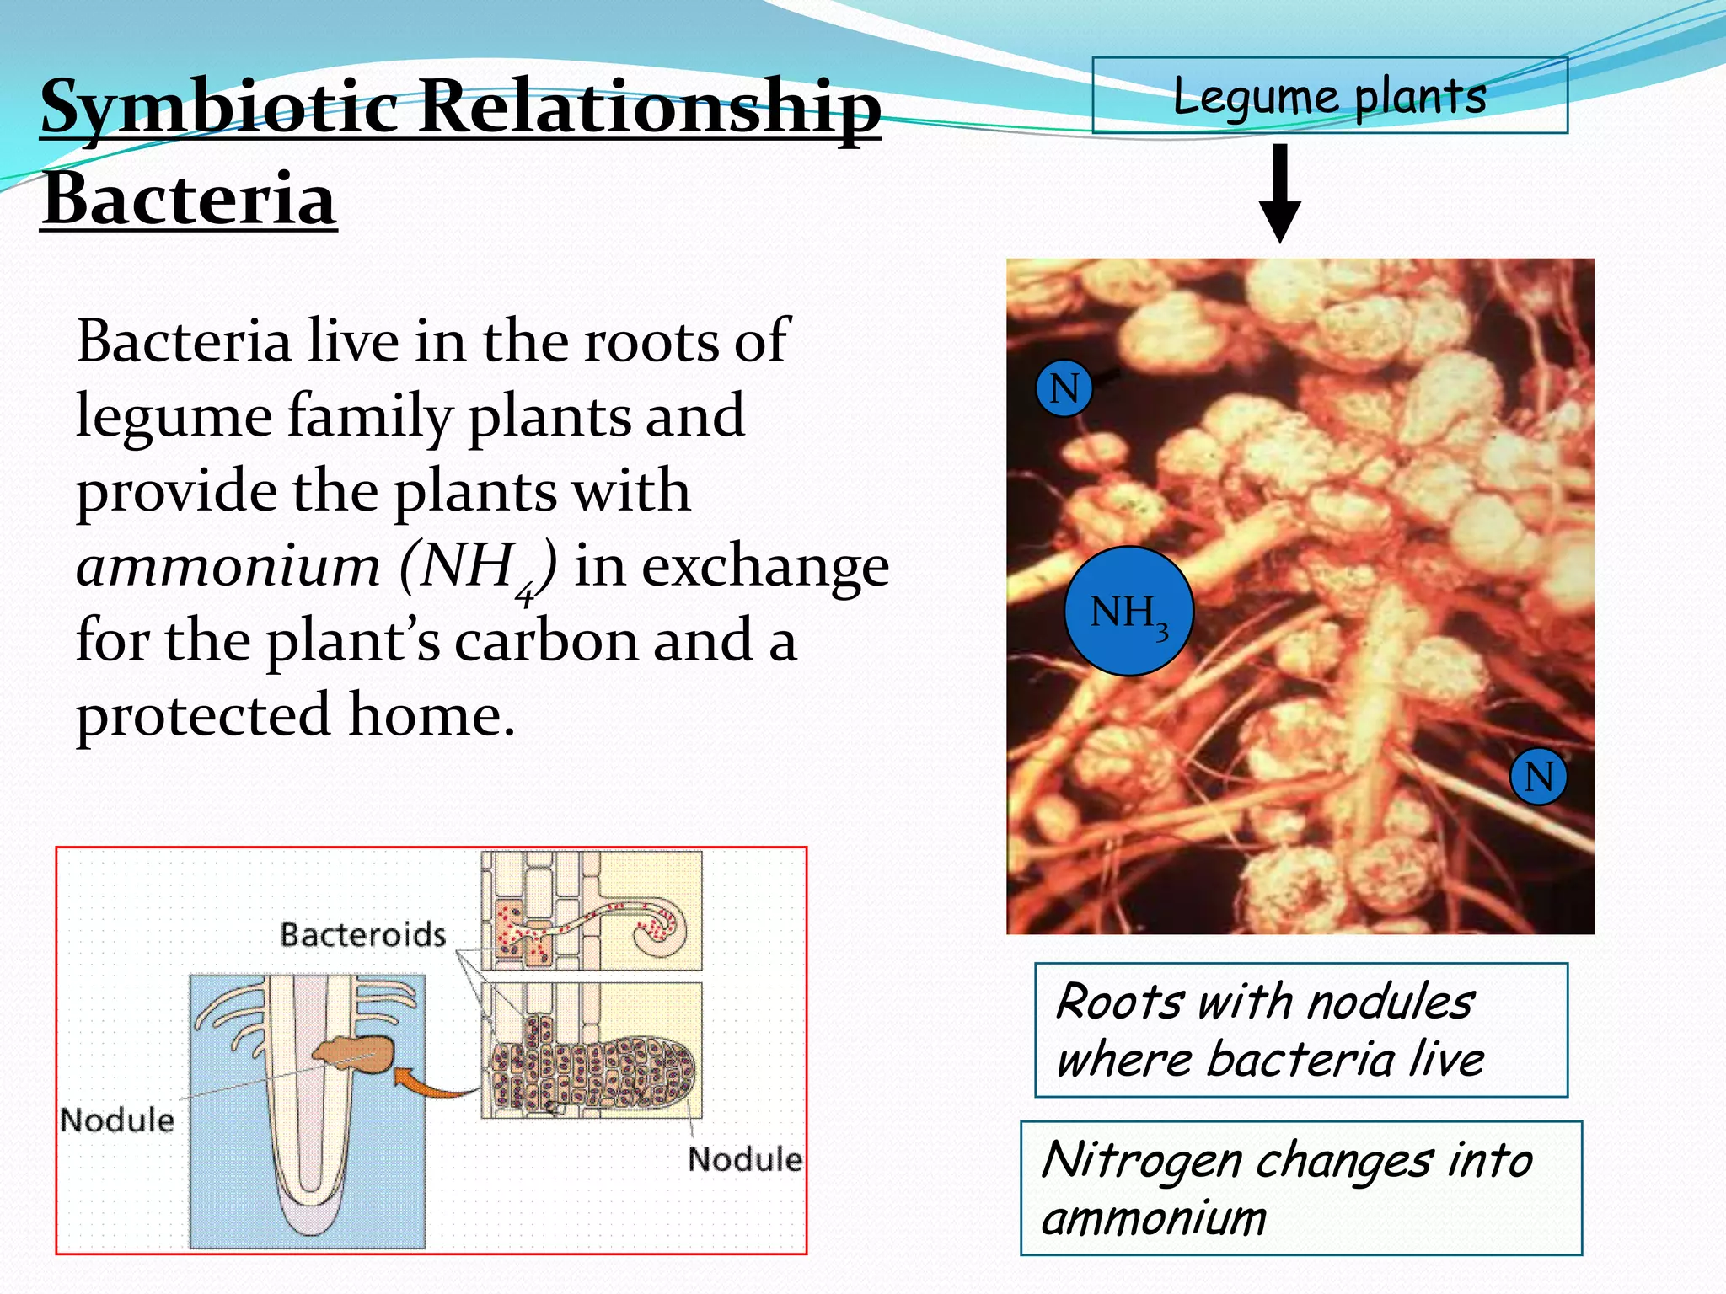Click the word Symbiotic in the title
click(x=219, y=108)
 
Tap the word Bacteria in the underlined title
click(x=190, y=200)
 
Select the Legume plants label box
click(x=1329, y=95)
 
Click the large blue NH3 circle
click(x=1128, y=612)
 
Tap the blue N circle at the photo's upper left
click(x=1064, y=388)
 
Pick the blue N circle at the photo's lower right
click(x=1538, y=776)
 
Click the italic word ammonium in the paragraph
click(x=228, y=566)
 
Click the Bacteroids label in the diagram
click(x=362, y=934)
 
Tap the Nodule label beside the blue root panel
click(x=117, y=1120)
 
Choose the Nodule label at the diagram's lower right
click(x=744, y=1159)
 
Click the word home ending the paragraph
click(x=430, y=715)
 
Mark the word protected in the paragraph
click(x=202, y=715)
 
